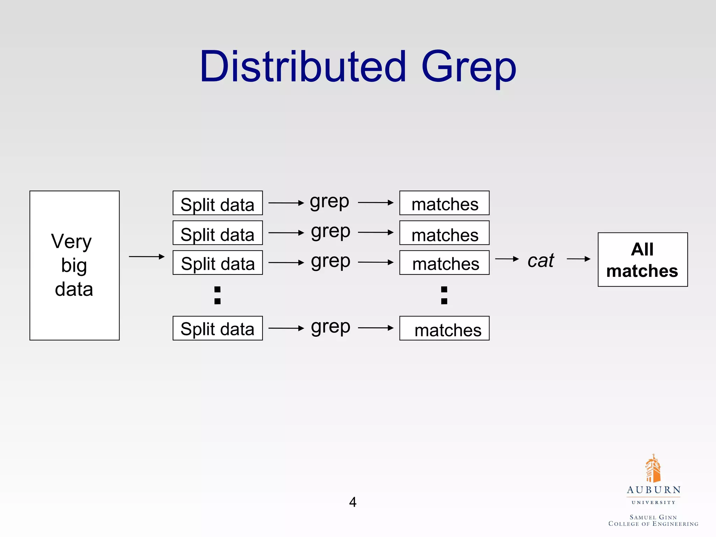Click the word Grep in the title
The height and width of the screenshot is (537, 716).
coord(468,68)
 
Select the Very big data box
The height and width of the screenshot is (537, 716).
coord(74,265)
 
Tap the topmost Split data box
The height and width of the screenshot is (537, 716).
coord(217,203)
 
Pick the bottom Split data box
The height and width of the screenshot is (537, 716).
coord(217,328)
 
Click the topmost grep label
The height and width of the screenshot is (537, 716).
coord(329,202)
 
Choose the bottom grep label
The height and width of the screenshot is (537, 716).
coord(330,327)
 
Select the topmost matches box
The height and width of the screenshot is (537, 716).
coord(444,203)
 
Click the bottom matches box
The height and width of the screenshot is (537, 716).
coord(444,328)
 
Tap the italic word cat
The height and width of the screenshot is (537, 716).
coord(540,260)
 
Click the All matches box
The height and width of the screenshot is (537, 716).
coord(643,260)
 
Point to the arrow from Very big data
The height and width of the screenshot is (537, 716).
coord(146,257)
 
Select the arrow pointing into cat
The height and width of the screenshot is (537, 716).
coord(507,259)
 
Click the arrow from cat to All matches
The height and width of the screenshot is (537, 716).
coord(579,259)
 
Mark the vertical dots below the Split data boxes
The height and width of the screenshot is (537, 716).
coord(217,295)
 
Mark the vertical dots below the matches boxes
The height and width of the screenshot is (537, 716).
coord(444,295)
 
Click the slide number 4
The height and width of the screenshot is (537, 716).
coord(353,502)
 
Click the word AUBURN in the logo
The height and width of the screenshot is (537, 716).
coord(653,490)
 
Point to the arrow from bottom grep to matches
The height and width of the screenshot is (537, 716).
coord(376,328)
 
